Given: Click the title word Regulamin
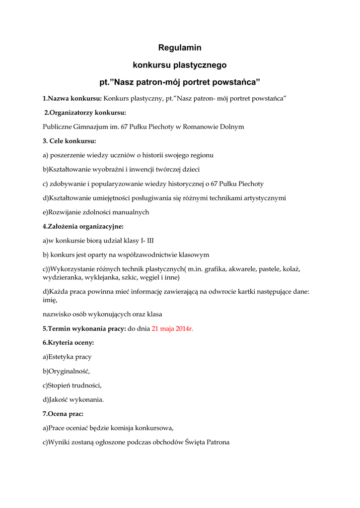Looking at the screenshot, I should [x=180, y=48].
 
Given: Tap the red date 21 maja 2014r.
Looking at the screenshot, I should [x=172, y=328].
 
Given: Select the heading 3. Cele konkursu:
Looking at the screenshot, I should [x=69, y=141].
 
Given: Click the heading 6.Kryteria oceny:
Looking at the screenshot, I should [x=68, y=342].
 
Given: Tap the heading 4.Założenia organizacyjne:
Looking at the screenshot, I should [x=83, y=226].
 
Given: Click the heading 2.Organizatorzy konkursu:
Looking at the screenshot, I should [x=85, y=112].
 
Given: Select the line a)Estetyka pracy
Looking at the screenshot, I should [x=67, y=357].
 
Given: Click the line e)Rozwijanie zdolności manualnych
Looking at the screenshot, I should [x=96, y=212].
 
